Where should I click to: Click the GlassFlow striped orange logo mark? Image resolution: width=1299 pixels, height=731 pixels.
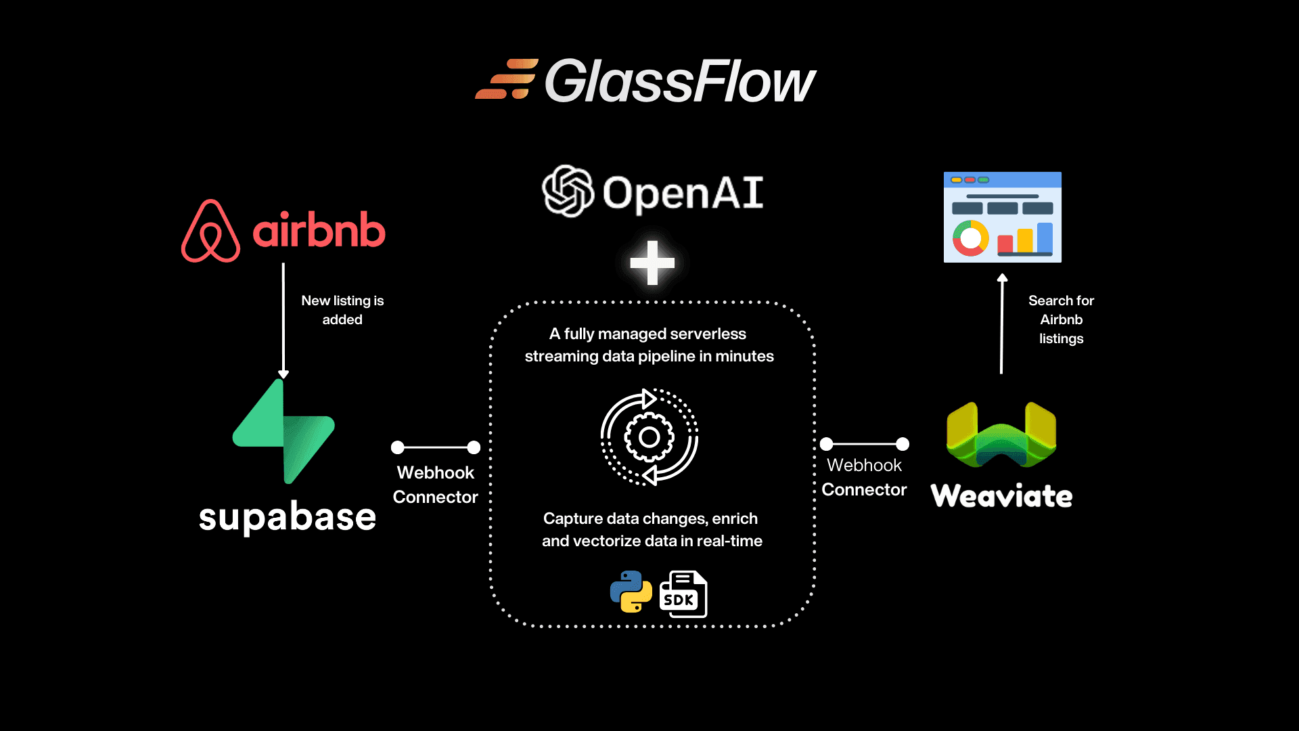point(507,79)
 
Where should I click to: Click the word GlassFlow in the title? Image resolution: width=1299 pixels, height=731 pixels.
point(680,81)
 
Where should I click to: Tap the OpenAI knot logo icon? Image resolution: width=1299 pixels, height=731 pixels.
point(568,191)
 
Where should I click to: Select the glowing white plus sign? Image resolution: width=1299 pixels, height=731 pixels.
point(652,263)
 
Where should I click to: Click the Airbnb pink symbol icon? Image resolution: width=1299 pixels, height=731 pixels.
point(210,231)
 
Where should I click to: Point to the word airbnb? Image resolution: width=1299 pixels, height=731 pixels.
point(319,230)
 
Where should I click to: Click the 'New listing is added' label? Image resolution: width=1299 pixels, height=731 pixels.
point(342,310)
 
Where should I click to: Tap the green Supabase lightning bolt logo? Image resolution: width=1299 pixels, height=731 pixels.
point(283,432)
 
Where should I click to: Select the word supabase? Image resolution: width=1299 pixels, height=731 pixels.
point(287,517)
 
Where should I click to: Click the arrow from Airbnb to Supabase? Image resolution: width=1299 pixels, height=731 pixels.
point(283,318)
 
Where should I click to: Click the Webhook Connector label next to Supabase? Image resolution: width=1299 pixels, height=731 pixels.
point(435,485)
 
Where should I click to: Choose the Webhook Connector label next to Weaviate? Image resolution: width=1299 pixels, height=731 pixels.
point(864,477)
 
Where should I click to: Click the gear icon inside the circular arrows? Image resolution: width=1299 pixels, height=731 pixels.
point(649,437)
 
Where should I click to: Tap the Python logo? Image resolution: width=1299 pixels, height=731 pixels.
point(631,592)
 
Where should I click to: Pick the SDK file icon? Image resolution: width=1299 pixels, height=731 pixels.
point(683,594)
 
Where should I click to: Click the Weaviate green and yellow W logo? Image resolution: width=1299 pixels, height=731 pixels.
point(1001,435)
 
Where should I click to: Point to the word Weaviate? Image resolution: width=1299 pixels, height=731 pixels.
point(1001,496)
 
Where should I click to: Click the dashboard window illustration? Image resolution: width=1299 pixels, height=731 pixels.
point(1002,217)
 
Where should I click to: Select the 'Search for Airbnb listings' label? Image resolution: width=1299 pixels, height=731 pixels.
point(1061,319)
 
